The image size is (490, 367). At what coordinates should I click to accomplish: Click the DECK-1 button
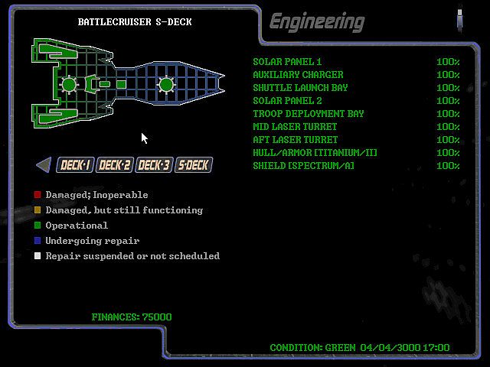point(75,164)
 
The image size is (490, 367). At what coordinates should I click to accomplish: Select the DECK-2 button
point(114,164)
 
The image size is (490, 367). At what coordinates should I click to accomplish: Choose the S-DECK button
point(193,164)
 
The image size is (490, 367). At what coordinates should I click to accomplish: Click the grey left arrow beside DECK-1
point(44,164)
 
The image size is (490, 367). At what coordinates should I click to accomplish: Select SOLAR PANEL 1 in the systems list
point(287,62)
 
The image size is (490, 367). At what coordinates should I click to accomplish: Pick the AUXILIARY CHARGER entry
point(298,75)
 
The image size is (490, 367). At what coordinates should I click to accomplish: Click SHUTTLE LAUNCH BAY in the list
point(300,88)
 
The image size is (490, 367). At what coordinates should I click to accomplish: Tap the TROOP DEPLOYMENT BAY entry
point(309,114)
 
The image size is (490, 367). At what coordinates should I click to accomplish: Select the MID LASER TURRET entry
point(295,127)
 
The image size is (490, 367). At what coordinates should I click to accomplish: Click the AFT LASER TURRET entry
point(295,140)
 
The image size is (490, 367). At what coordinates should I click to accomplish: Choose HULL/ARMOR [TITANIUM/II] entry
point(315,153)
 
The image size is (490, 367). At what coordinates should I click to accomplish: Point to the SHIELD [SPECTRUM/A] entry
point(303,166)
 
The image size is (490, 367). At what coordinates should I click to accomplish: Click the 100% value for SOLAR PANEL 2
point(448,101)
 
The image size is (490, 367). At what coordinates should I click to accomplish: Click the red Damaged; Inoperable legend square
point(38,195)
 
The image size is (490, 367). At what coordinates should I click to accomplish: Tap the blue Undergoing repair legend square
point(38,241)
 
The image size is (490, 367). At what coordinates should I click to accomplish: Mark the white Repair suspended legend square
point(38,256)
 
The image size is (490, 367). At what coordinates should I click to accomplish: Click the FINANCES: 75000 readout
point(132,317)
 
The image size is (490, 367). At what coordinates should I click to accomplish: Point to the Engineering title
point(316,21)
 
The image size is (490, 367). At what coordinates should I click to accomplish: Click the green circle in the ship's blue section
point(165,84)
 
